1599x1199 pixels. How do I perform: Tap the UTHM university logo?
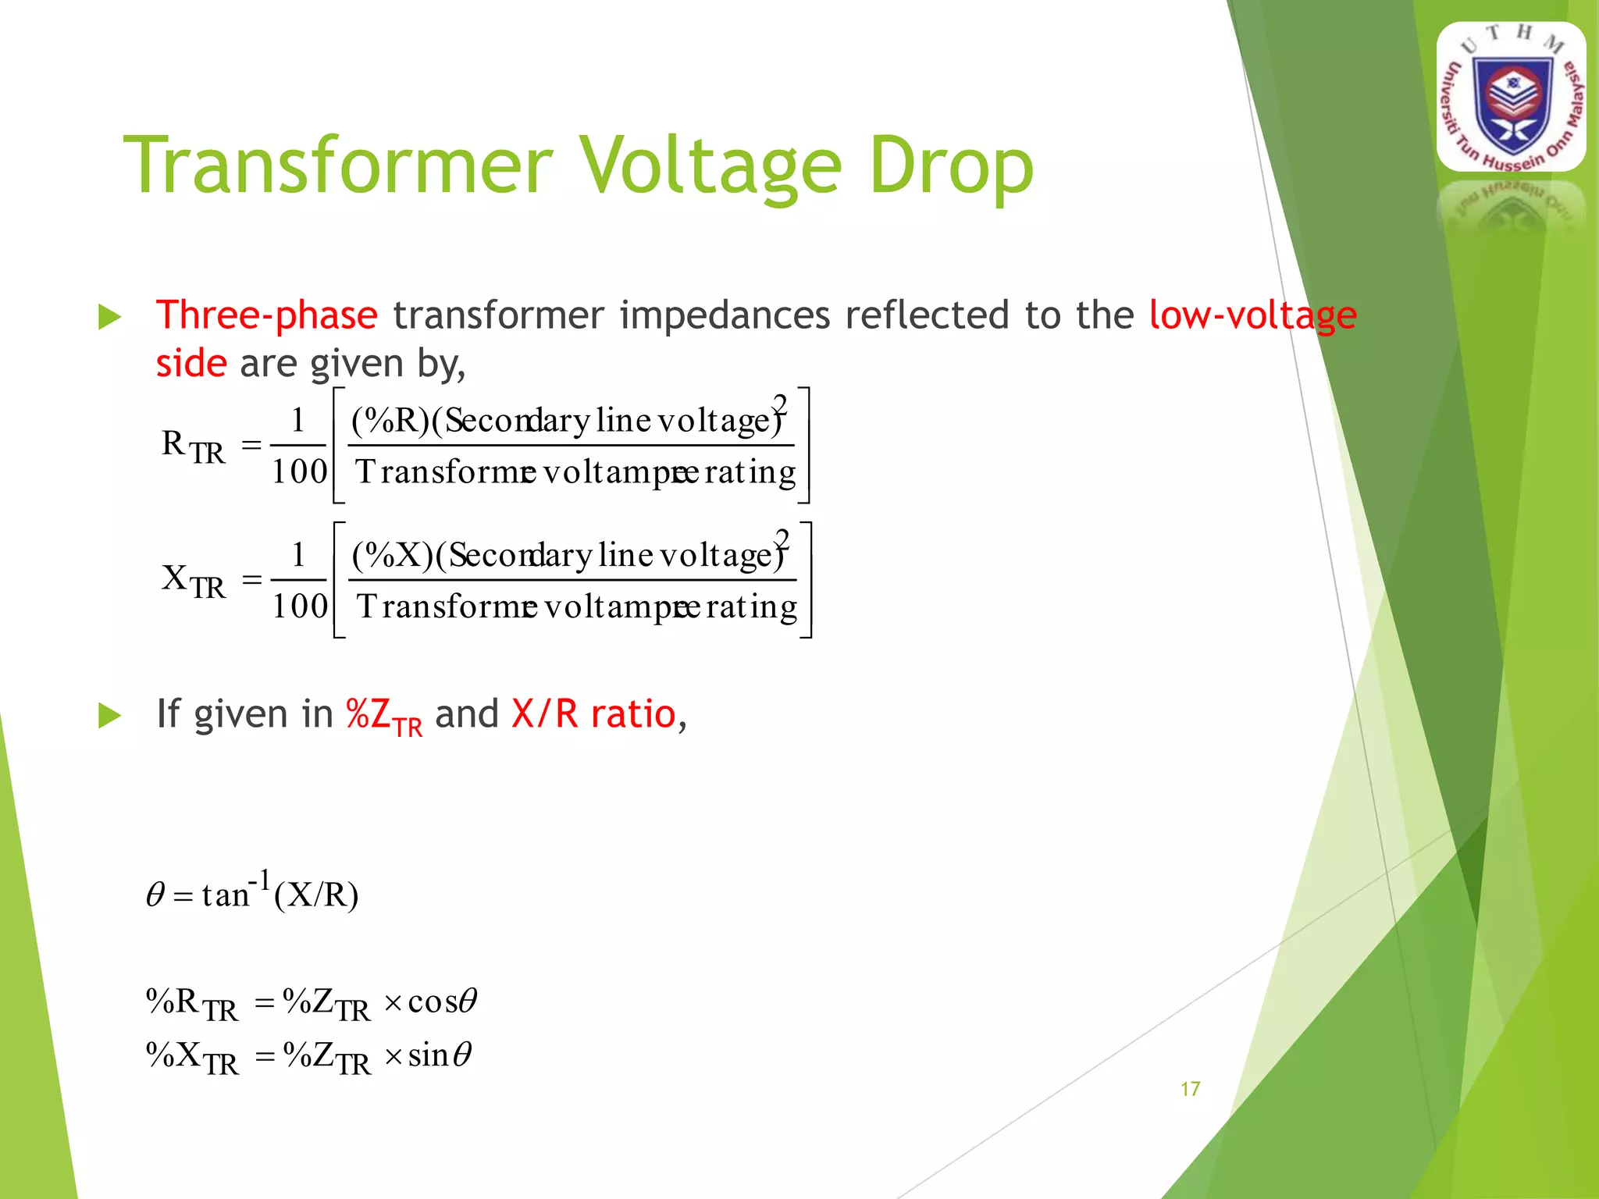click(x=1511, y=98)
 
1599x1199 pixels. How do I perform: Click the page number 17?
click(x=1190, y=1089)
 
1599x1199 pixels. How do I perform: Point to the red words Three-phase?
click(x=266, y=316)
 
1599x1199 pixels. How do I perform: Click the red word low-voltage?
click(x=1252, y=316)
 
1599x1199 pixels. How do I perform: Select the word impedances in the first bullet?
click(x=725, y=316)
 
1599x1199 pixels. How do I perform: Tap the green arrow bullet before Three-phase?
click(x=109, y=318)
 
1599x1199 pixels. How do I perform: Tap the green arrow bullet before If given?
click(x=109, y=715)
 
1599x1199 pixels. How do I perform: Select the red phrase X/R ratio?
click(x=593, y=713)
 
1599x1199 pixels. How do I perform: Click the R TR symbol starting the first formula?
click(x=193, y=447)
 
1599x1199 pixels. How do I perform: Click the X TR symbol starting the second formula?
click(x=193, y=581)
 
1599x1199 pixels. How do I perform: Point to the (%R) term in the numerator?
click(x=390, y=421)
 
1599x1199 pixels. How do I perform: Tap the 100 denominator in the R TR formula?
click(x=299, y=471)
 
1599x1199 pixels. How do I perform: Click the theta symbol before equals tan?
click(x=155, y=895)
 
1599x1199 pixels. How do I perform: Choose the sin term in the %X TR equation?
click(x=429, y=1055)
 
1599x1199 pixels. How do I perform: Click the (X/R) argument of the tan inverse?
click(x=316, y=895)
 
